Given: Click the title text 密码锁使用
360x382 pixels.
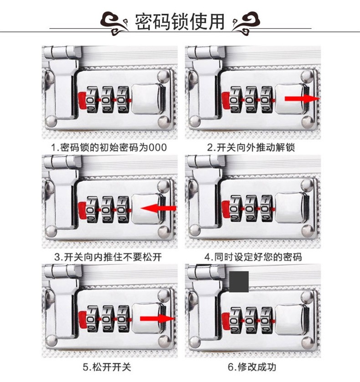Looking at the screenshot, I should (x=180, y=21).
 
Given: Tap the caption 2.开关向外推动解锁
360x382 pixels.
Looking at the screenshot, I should (x=254, y=147).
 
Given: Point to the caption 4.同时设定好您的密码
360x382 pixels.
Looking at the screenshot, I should (x=254, y=257).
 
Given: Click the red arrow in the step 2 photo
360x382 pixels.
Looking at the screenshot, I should (x=302, y=98).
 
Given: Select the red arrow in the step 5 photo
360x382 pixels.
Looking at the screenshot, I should (x=157, y=318).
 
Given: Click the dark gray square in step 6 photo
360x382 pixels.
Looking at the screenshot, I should (x=239, y=281).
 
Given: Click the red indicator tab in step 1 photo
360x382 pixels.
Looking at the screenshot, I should (x=82, y=100).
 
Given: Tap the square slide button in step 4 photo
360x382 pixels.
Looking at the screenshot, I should (x=291, y=208).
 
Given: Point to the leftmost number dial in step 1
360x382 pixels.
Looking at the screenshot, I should (x=92, y=99).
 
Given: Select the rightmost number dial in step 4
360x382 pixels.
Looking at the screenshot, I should (x=266, y=208).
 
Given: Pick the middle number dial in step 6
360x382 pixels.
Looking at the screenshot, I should (x=251, y=318).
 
